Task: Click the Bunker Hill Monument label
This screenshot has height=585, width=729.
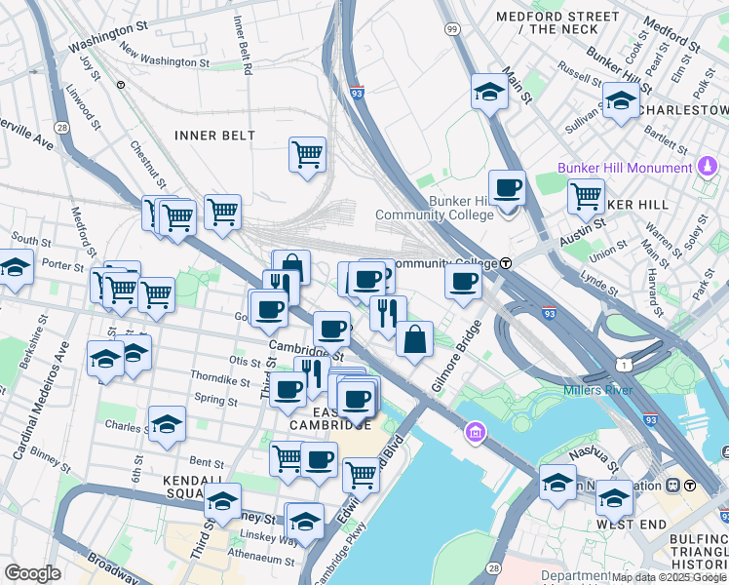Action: click(x=624, y=168)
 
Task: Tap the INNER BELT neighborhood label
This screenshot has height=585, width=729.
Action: click(x=214, y=136)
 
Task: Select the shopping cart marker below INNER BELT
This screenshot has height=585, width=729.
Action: click(x=307, y=154)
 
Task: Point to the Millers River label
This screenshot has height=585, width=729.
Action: click(x=597, y=391)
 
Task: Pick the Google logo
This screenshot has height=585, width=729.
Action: click(x=32, y=572)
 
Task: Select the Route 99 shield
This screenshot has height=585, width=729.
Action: click(x=452, y=30)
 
